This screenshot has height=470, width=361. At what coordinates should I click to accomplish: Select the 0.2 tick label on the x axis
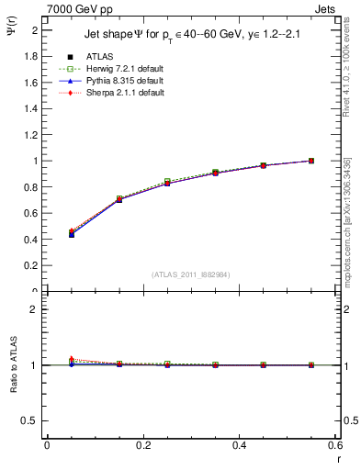coord(142,445)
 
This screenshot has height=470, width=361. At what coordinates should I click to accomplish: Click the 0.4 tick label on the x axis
coord(239,445)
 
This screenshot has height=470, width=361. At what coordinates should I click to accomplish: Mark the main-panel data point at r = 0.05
coord(72,234)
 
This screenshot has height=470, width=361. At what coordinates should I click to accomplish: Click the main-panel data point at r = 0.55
coord(311,161)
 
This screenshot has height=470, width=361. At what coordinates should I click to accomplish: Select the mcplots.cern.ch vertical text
coord(348,220)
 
